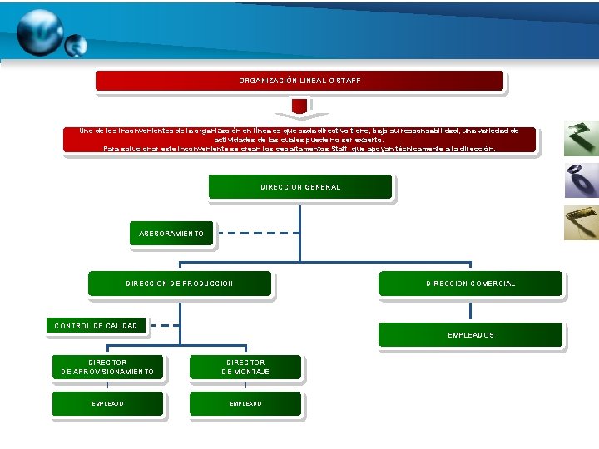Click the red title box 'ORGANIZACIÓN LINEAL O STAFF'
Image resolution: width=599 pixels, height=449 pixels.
pyautogui.click(x=299, y=81)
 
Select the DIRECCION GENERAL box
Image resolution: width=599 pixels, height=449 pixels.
pyautogui.click(x=299, y=187)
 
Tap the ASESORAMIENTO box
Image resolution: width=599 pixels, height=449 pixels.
pyautogui.click(x=171, y=234)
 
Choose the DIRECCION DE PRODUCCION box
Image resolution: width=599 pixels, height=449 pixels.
pyautogui.click(x=180, y=284)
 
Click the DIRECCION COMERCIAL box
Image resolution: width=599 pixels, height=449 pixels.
pyautogui.click(x=470, y=284)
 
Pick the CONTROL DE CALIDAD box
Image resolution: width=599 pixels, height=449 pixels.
pyautogui.click(x=96, y=326)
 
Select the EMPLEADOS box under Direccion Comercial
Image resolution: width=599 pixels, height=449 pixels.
pyautogui.click(x=470, y=335)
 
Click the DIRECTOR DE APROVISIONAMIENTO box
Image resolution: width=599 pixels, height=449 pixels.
pyautogui.click(x=107, y=368)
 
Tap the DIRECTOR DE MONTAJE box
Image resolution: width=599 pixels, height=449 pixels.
pyautogui.click(x=245, y=368)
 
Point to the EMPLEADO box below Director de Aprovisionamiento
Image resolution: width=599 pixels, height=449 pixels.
pyautogui.click(x=107, y=404)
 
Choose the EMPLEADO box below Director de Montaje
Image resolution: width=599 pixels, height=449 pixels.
pyautogui.click(x=245, y=404)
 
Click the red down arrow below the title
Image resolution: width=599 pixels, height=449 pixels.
pyautogui.click(x=299, y=107)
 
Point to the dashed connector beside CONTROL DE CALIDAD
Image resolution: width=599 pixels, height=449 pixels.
pyautogui.click(x=168, y=325)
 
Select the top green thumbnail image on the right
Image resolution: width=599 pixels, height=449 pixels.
pyautogui.click(x=581, y=139)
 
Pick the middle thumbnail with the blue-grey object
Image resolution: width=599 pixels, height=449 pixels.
pyautogui.click(x=581, y=180)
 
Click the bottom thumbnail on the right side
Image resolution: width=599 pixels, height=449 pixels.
pyautogui.click(x=581, y=223)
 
